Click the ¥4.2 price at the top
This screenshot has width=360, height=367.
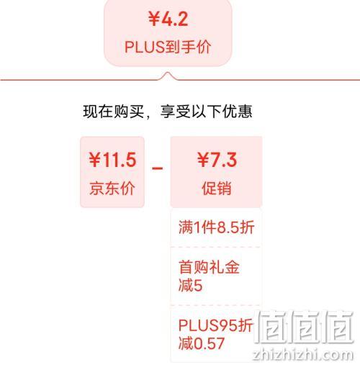[168, 19]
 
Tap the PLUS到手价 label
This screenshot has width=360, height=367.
[168, 47]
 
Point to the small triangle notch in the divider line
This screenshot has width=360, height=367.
[168, 76]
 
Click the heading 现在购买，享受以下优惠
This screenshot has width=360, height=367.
[168, 112]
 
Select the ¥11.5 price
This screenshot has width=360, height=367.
[112, 160]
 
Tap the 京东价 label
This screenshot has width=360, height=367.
[112, 189]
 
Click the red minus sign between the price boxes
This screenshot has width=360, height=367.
[158, 168]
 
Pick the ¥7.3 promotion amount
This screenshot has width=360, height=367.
[217, 160]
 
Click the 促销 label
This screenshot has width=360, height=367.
[217, 189]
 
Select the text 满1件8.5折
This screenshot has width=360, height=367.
[216, 227]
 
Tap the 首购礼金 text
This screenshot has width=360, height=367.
[209, 267]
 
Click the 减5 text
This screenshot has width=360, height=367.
[190, 286]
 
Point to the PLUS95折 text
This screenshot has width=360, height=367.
[215, 325]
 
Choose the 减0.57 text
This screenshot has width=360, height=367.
[202, 343]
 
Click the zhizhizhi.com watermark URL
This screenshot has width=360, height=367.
[303, 354]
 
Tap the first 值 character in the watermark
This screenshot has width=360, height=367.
[271, 327]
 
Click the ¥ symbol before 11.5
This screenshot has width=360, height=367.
[95, 160]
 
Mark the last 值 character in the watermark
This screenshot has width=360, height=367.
[337, 327]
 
